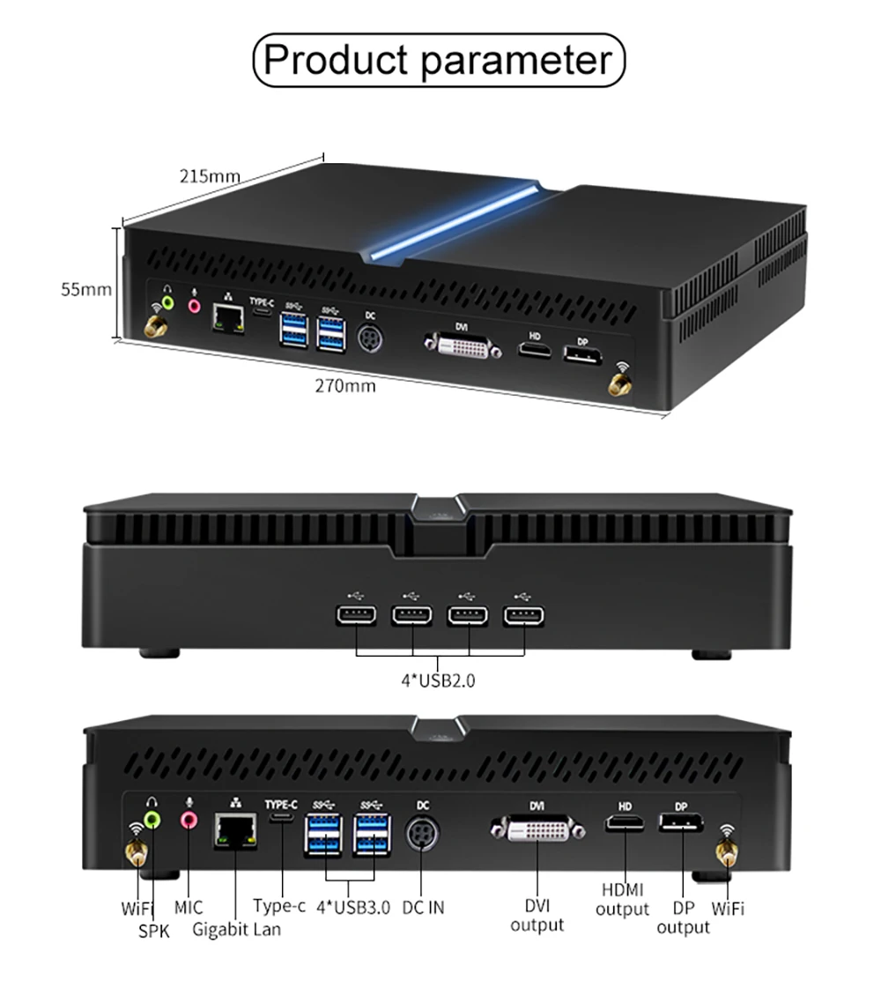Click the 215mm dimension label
point(210,175)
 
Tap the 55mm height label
point(86,289)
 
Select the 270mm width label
point(345,385)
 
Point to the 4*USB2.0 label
point(439,680)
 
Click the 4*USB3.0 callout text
point(352,907)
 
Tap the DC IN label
point(423,907)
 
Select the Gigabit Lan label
point(236,928)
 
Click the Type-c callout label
point(279,905)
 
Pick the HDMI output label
point(622,899)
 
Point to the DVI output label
point(537,915)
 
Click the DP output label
point(683,917)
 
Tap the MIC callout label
point(188,907)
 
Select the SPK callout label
point(153,930)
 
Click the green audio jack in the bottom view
point(152,820)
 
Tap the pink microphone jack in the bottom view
point(189,821)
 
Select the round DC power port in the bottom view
point(422,834)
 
